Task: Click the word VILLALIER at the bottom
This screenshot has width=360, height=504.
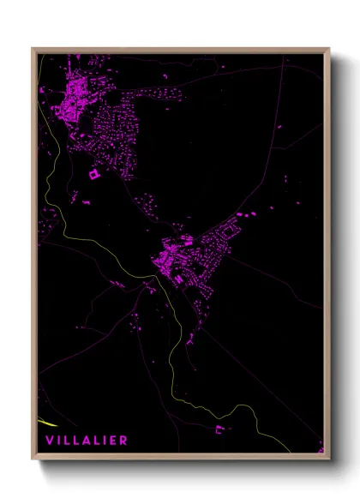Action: [87, 440]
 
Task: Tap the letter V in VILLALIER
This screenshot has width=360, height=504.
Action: [50, 440]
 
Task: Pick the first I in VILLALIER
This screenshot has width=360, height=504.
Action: [59, 440]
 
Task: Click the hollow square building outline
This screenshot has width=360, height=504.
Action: [94, 174]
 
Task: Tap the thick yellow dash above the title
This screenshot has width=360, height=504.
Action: [48, 423]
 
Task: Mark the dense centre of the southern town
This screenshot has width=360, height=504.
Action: [176, 257]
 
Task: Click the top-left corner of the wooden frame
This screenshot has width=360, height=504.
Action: [33, 49]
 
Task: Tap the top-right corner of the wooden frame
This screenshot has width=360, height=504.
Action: [330, 49]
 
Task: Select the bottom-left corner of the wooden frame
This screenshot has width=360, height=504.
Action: [33, 459]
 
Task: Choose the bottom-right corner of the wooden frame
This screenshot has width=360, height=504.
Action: [330, 459]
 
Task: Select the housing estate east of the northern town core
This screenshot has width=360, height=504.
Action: [116, 129]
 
